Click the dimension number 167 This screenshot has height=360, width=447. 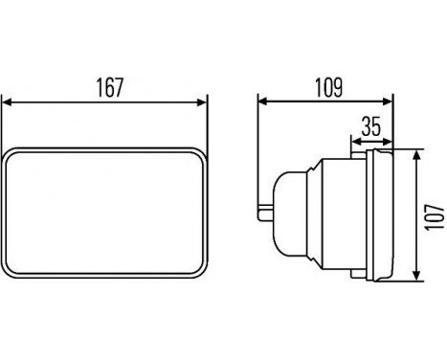click(109, 87)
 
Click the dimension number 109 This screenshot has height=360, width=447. click(329, 87)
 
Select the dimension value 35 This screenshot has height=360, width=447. click(371, 126)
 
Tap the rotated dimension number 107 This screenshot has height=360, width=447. click(435, 216)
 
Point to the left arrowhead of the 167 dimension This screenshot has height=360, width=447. click(7, 102)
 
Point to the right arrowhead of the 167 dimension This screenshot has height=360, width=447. click(202, 102)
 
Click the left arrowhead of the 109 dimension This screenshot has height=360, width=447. click(262, 101)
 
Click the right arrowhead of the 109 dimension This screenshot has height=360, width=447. click(387, 101)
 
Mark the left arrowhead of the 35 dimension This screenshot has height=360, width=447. click(356, 142)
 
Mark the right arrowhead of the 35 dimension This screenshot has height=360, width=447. click(387, 142)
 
